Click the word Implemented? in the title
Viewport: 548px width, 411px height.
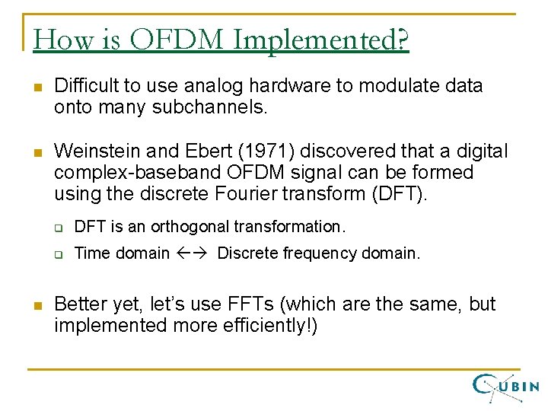321,40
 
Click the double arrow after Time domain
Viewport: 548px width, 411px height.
193,253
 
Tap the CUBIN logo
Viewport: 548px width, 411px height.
505,387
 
